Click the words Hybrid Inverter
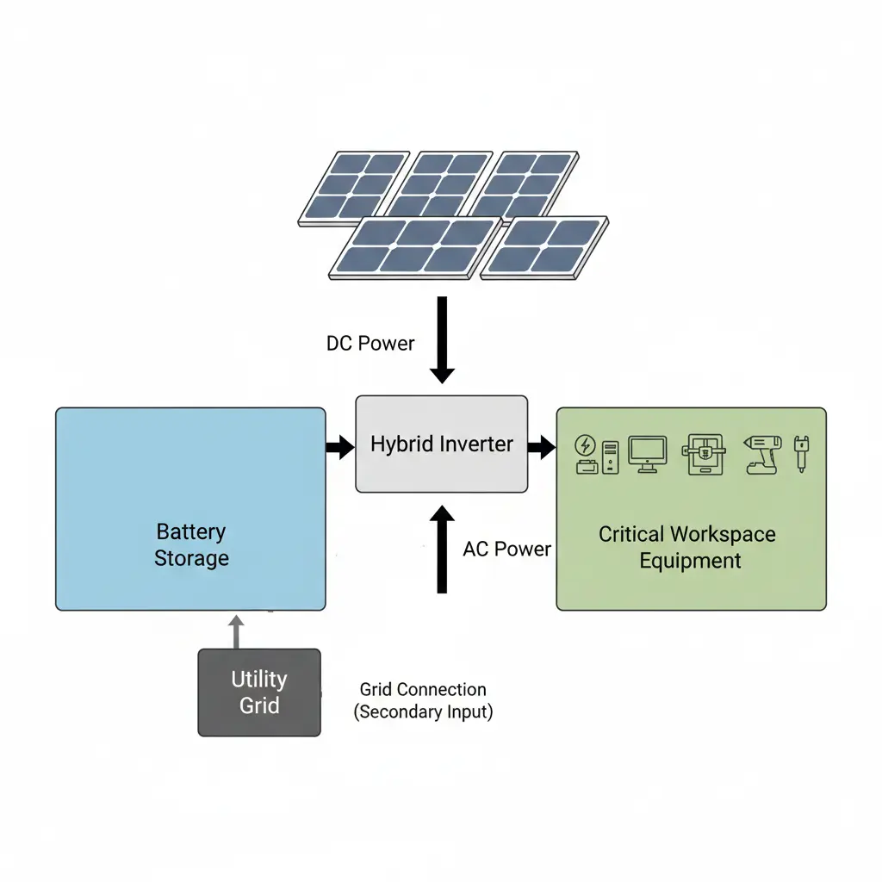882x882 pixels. pyautogui.click(x=441, y=444)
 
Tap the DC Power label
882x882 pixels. pyautogui.click(x=370, y=344)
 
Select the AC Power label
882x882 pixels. pyautogui.click(x=506, y=550)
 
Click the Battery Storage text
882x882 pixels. pyautogui.click(x=191, y=545)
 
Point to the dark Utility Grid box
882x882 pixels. pyautogui.click(x=259, y=693)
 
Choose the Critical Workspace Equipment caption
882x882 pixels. pyautogui.click(x=687, y=548)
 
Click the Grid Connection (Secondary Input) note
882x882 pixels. pyautogui.click(x=423, y=700)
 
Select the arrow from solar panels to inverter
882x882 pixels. pyautogui.click(x=442, y=339)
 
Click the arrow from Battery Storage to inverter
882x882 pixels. pyautogui.click(x=340, y=446)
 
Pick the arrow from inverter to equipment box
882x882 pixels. pyautogui.click(x=541, y=446)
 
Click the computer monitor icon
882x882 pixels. pyautogui.click(x=648, y=453)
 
